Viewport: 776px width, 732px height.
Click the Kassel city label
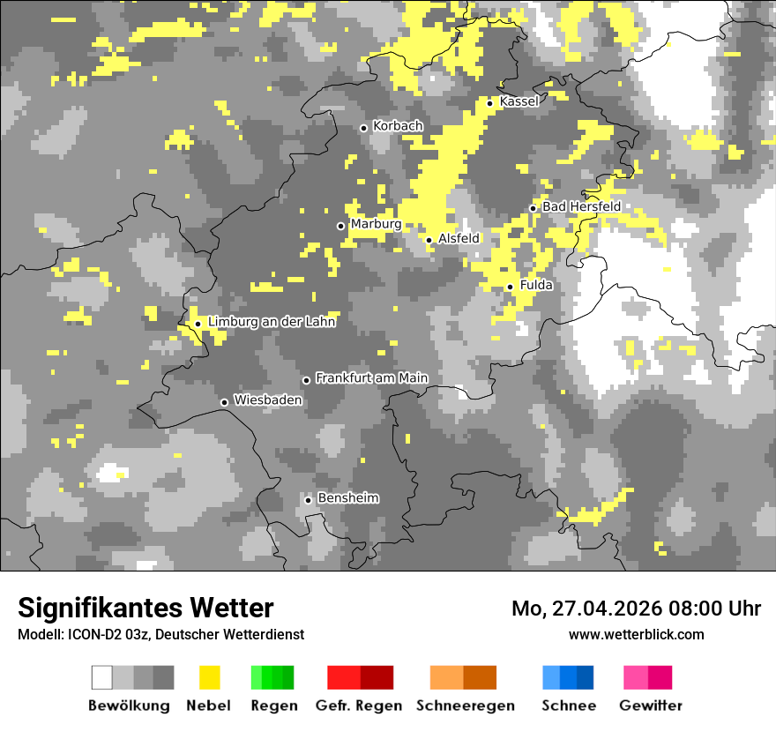(519, 101)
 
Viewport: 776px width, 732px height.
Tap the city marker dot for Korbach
(363, 128)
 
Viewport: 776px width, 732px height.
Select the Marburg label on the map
(376, 224)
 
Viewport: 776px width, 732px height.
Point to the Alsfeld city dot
(429, 240)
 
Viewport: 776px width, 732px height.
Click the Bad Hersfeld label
(581, 206)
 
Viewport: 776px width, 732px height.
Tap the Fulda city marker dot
(510, 287)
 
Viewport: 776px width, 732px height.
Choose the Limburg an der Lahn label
(272, 322)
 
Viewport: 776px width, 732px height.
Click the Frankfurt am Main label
(371, 378)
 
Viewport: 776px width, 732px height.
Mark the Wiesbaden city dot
(224, 402)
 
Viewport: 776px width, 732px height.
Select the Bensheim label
(348, 498)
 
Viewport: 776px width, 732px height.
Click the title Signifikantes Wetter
(145, 608)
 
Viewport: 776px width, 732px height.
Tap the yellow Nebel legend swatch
(209, 677)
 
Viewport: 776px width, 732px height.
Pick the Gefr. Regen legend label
(359, 706)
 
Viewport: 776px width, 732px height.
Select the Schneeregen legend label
(466, 706)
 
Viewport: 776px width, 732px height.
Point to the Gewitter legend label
(651, 706)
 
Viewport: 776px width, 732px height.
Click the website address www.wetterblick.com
(637, 634)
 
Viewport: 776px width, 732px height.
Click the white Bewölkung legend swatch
(102, 677)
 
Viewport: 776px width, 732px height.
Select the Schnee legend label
(569, 706)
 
